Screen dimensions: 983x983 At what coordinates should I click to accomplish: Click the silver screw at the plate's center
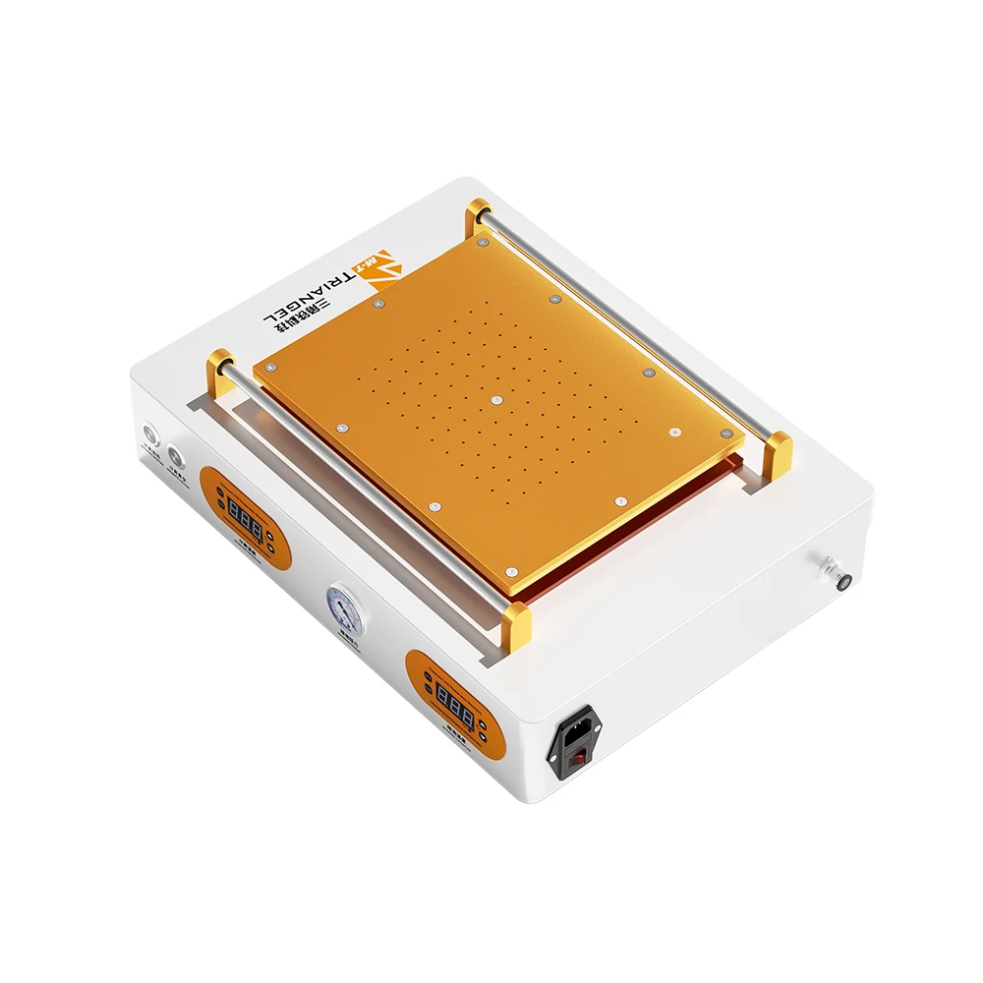496,401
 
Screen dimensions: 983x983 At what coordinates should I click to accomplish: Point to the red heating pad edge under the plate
629,550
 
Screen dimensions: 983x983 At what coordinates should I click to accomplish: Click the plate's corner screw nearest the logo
482,240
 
